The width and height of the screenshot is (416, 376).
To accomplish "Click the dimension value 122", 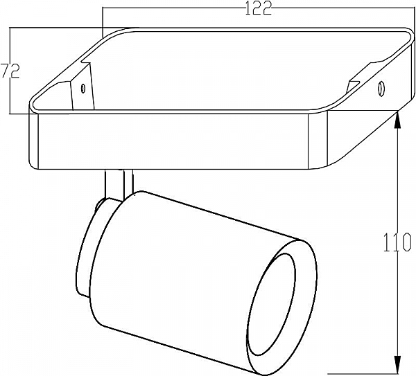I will pos(257,8).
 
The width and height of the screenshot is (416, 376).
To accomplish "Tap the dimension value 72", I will pos(9,71).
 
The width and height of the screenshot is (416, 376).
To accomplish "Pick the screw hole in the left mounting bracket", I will pos(83,89).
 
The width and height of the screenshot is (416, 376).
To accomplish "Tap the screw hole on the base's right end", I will pos(381,89).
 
